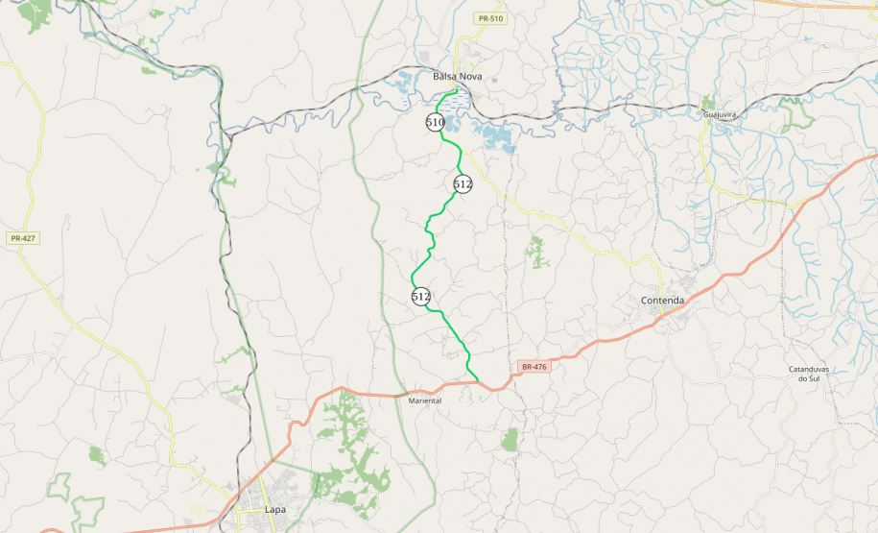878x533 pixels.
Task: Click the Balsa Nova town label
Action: coord(457,76)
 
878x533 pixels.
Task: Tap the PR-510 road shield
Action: coord(489,18)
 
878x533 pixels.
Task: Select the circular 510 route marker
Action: coord(435,123)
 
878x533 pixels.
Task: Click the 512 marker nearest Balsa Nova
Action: coord(463,183)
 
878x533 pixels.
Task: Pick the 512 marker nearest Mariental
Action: coord(420,296)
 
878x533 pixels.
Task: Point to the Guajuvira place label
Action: coord(719,114)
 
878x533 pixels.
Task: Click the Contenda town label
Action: coord(662,301)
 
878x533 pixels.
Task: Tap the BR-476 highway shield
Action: coord(534,367)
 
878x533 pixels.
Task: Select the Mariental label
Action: coord(425,400)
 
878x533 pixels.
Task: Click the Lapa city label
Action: coord(274,509)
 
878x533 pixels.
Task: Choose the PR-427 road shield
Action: coord(22,238)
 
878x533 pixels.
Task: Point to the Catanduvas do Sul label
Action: coord(808,374)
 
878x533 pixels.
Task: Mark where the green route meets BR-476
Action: coord(478,380)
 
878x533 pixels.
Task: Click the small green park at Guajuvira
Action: coord(708,103)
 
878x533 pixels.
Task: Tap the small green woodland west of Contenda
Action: coord(535,252)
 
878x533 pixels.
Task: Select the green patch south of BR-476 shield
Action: coord(510,440)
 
